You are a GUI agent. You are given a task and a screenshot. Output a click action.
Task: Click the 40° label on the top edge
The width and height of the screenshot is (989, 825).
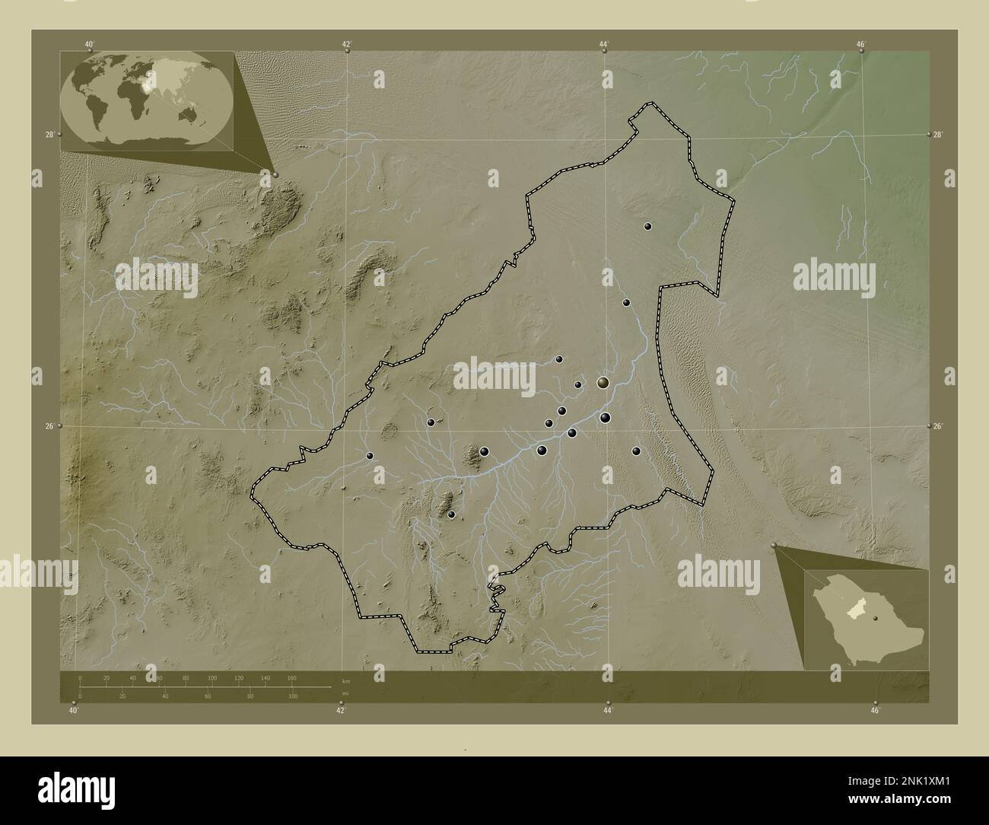pos(90,43)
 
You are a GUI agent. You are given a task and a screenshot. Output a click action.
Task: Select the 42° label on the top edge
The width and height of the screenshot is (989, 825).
pos(347,43)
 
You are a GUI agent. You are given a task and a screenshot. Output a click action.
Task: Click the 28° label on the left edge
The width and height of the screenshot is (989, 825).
pos(49,135)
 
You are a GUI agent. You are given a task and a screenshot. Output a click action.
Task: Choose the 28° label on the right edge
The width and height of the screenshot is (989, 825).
pos(938,135)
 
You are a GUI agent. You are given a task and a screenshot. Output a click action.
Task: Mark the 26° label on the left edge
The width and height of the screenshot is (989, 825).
pos(49,426)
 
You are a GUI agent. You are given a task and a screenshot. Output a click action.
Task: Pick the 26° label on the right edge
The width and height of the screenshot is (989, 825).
pos(938,426)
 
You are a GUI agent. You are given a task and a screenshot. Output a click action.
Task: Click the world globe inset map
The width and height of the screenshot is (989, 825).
pos(147,98)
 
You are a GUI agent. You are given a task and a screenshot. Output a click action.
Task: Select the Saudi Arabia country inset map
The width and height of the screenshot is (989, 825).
pos(866,619)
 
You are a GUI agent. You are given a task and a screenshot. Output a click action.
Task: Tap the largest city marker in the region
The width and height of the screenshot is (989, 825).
pos(603,382)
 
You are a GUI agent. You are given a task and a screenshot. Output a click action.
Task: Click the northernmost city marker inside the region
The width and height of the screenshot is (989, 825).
pos(647,226)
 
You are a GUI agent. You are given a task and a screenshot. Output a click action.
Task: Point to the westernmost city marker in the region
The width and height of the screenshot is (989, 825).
pos(370,456)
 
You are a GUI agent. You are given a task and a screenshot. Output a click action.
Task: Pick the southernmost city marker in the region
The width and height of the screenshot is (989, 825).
pos(451,515)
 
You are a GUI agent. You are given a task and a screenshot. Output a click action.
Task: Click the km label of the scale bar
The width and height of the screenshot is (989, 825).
pos(345,680)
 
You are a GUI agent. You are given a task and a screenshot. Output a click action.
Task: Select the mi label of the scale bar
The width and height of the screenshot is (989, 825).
pos(345,693)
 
